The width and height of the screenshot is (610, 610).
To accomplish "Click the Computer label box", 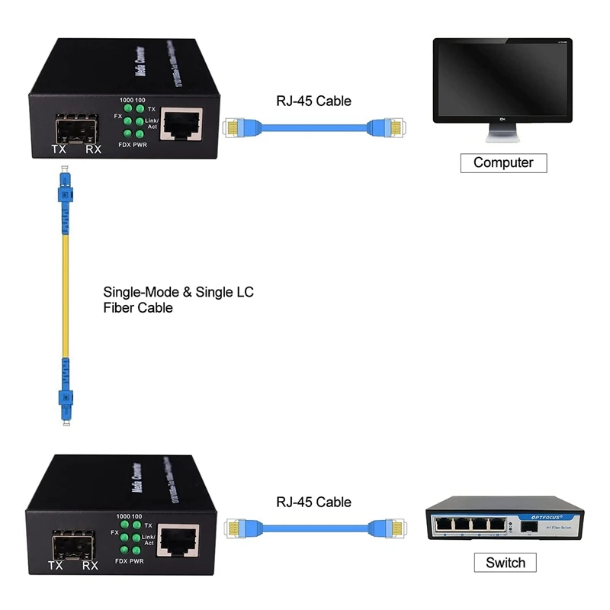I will tap(503, 162).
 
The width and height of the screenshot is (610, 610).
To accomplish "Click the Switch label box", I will tap(505, 563).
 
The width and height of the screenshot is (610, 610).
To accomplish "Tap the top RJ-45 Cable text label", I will tap(313, 101).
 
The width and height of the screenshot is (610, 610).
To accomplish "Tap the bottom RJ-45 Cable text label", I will tap(313, 502).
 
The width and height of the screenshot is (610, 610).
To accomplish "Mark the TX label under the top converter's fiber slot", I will tap(58, 149).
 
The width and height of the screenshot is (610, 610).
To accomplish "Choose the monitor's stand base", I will tap(503, 137).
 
